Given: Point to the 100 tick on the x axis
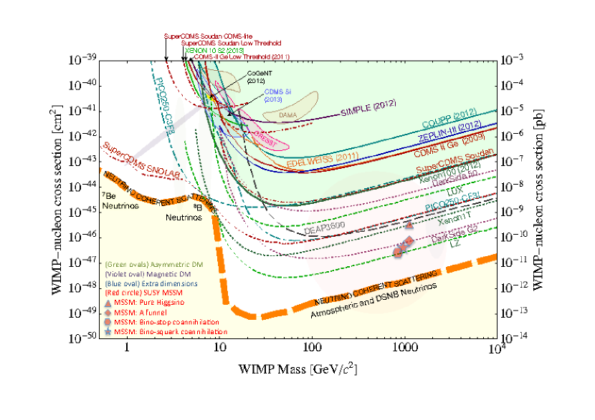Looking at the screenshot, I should (311, 348).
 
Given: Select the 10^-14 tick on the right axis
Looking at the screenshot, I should (514, 336).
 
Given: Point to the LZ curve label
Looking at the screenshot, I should (454, 244).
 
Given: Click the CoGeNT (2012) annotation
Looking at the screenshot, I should (257, 77).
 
